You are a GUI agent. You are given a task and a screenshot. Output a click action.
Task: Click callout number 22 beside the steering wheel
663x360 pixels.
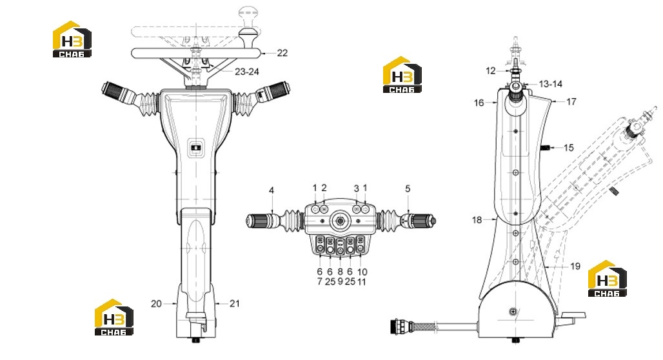coord(282,53)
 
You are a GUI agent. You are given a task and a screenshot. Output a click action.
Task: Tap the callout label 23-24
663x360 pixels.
coord(247,72)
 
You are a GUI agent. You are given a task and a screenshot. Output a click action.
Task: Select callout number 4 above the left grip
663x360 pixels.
coord(272,190)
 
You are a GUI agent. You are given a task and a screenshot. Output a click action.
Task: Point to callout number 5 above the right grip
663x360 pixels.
coord(408,188)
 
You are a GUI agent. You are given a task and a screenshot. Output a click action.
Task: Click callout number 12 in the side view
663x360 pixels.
coord(491,71)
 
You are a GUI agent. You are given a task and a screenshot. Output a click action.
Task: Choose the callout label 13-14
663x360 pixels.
coord(551,84)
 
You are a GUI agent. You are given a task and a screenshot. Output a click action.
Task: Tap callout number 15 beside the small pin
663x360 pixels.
coord(569,148)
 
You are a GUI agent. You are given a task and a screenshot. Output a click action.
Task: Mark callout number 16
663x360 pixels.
coord(479,103)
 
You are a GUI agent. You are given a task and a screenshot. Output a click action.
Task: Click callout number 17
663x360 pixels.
coord(571,101)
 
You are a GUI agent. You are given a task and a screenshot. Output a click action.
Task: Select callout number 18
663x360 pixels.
coord(477,219)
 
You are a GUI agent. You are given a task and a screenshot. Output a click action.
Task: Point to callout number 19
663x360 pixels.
coord(575,266)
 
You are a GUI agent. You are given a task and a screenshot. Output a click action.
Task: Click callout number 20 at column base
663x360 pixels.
coord(157,303)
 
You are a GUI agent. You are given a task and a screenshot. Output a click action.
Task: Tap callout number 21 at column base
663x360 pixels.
coord(235,303)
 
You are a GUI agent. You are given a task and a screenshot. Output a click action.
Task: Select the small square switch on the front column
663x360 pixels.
coord(196,148)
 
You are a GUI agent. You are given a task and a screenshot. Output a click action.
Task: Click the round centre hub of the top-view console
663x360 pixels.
coord(340,221)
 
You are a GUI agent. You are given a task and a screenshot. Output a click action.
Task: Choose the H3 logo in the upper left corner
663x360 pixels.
coord(72,39)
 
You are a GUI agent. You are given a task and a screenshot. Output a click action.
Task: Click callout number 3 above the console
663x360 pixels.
coord(357,188)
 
